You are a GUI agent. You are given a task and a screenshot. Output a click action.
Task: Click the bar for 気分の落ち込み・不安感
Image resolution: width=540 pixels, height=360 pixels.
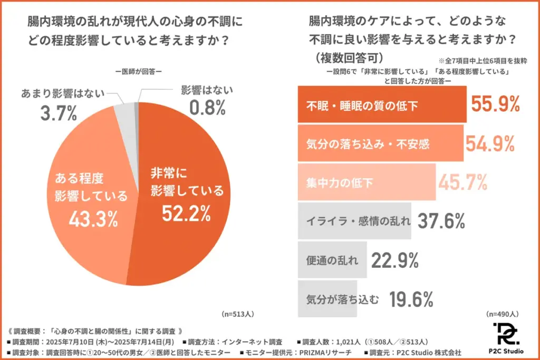380,143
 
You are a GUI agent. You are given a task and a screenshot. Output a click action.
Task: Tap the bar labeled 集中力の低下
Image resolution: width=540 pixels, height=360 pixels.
367,182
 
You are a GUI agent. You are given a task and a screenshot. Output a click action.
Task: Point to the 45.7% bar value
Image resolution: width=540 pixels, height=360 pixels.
462,182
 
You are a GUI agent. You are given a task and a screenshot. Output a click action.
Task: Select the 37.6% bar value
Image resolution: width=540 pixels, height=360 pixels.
441,221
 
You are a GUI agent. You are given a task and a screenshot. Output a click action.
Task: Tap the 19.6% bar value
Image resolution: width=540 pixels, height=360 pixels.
411,299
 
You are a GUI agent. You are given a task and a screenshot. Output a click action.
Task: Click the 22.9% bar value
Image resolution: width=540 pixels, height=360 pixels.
395,260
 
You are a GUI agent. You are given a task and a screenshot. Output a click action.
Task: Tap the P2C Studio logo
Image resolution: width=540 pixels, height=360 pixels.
505,338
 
